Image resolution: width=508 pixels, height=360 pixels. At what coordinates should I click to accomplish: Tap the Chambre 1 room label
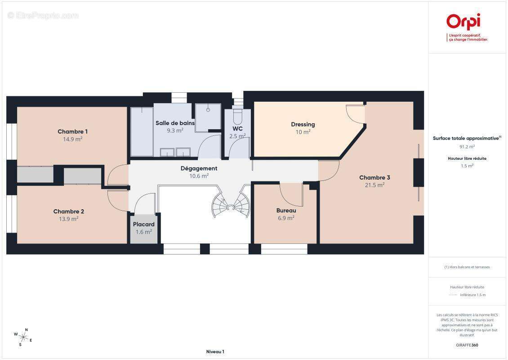(72, 131)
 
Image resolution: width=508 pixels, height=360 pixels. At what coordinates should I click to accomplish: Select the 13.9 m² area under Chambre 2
(69, 219)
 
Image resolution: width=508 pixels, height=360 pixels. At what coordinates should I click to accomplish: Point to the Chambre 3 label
(374, 177)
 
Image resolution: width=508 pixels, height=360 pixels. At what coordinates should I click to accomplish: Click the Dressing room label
(303, 124)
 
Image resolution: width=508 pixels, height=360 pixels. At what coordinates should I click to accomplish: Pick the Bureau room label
(286, 211)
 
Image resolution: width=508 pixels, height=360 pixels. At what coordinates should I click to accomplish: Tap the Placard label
(143, 224)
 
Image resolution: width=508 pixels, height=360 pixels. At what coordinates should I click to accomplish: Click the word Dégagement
(199, 168)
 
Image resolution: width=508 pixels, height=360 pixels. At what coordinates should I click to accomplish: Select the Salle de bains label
(175, 123)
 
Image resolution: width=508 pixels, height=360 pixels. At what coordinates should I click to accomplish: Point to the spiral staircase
(231, 202)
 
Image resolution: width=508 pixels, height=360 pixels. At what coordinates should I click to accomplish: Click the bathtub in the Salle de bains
(142, 132)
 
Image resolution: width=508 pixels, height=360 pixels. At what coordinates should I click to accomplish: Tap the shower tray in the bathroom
(208, 117)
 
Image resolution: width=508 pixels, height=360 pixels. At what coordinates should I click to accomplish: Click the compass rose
(22, 337)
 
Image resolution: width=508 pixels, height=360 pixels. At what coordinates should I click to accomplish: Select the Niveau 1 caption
(215, 351)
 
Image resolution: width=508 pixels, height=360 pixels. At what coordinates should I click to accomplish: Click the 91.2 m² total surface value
(467, 147)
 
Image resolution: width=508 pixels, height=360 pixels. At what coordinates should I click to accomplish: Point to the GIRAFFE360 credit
(467, 345)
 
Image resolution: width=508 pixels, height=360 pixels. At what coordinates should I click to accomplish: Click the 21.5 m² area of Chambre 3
(374, 185)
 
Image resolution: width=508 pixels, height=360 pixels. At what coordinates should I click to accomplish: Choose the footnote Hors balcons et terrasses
(467, 267)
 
